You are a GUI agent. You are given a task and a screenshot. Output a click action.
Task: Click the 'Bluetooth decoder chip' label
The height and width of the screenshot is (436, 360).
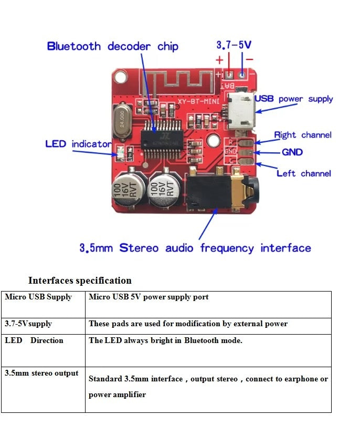[x=112, y=46]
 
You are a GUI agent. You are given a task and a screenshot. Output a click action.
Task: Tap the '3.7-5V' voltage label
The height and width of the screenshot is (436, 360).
[x=234, y=45]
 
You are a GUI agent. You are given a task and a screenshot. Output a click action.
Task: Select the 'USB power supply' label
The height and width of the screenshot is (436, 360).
[x=293, y=99]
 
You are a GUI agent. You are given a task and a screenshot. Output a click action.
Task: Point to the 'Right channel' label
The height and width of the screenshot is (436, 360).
[x=303, y=135]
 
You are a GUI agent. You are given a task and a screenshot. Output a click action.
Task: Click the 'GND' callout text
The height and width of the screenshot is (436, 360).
[x=292, y=152]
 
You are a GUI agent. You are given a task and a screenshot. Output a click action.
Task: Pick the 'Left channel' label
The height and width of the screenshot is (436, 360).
[x=303, y=173]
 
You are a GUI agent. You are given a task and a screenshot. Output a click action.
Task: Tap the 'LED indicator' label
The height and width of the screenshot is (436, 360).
[x=78, y=144]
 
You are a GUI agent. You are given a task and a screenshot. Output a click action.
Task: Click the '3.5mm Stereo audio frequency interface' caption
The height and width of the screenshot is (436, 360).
[x=195, y=248]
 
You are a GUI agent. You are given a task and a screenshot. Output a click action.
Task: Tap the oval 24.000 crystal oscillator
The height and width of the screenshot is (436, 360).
[x=124, y=118]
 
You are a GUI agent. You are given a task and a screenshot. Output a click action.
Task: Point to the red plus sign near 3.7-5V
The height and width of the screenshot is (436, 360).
[x=219, y=59]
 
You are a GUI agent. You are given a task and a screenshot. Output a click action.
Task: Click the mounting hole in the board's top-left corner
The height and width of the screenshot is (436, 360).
[x=121, y=77]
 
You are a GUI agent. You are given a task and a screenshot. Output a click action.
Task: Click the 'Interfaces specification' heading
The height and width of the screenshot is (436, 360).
[x=80, y=280]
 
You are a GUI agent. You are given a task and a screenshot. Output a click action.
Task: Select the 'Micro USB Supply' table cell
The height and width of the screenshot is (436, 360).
[x=38, y=297]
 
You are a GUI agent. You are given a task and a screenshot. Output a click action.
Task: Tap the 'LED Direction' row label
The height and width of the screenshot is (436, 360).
[x=34, y=340]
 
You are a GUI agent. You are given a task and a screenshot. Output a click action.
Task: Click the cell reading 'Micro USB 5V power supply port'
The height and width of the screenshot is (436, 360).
[x=149, y=297]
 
